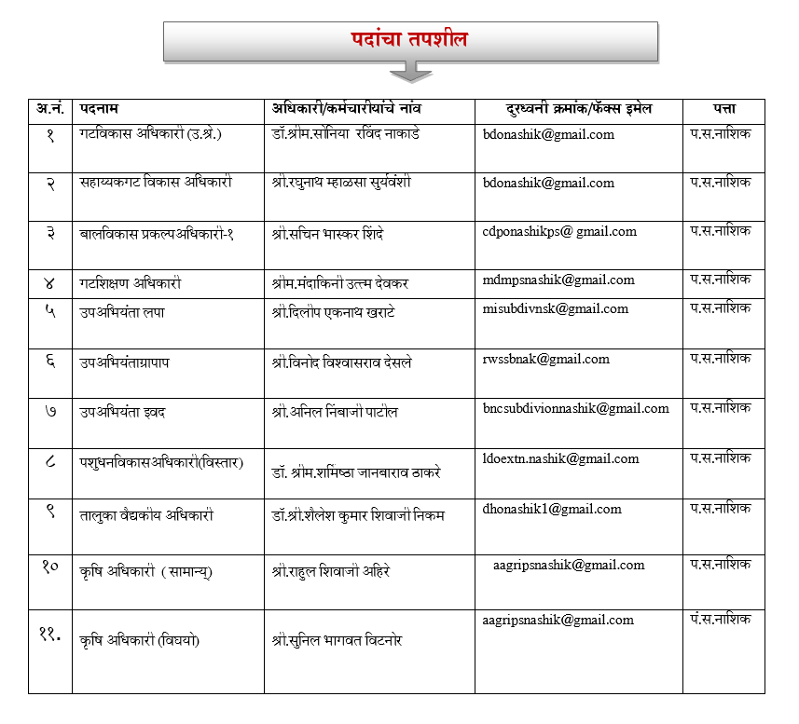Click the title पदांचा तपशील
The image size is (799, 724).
(x=409, y=39)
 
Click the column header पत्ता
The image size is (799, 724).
(x=724, y=110)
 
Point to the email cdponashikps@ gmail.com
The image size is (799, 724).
(x=559, y=232)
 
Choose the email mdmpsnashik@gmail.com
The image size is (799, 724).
(x=558, y=280)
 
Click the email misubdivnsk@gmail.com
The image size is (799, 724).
(x=556, y=309)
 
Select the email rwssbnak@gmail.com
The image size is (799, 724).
(x=546, y=360)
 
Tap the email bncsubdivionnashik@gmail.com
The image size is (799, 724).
(x=576, y=408)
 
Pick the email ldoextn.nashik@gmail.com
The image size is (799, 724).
(x=561, y=458)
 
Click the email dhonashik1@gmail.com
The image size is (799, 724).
(x=552, y=509)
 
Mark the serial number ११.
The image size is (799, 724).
(x=50, y=634)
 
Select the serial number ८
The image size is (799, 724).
(x=50, y=459)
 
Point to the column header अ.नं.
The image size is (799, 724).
(x=50, y=110)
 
